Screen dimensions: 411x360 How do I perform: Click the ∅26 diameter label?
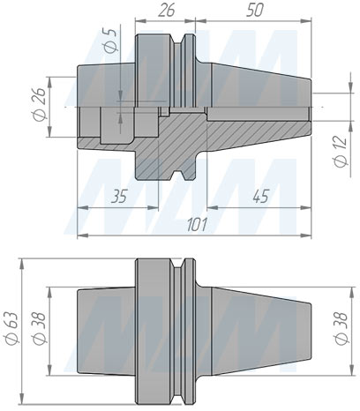[x=38, y=107]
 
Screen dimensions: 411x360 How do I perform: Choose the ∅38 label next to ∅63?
[x=38, y=328]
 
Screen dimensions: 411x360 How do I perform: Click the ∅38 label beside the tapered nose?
[x=340, y=328]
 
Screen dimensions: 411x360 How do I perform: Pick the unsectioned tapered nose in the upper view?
[x=256, y=88]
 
